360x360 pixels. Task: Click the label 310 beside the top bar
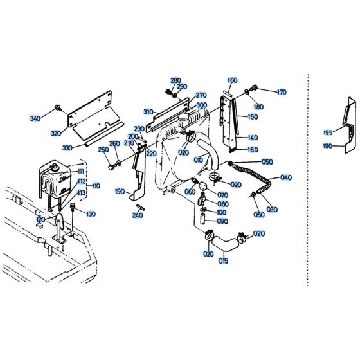148,111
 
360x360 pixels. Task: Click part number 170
280,93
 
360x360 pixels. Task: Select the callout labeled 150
253,117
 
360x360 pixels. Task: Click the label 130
90,214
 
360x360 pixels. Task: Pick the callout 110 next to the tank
96,186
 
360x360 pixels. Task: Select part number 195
328,132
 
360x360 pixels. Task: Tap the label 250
103,150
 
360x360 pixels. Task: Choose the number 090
222,221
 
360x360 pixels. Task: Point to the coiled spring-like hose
254,174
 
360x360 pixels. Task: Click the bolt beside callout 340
59,107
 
